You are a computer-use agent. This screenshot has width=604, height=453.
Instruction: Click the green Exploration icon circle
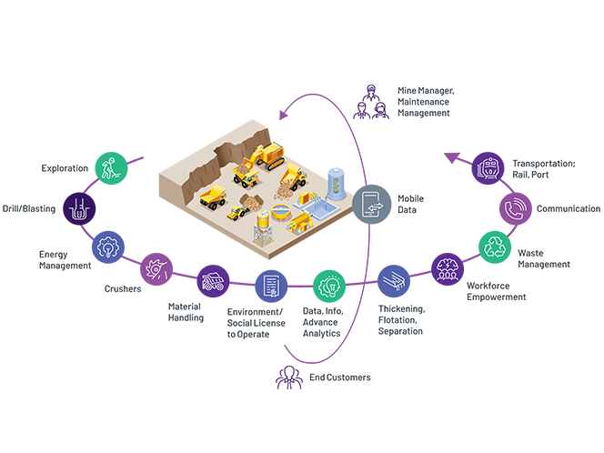110,168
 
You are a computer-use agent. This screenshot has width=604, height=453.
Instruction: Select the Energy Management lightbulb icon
109,247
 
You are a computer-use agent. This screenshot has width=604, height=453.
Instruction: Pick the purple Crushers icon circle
157,269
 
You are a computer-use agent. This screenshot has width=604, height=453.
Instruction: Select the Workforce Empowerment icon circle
448,269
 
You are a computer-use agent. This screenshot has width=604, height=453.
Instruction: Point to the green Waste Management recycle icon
496,247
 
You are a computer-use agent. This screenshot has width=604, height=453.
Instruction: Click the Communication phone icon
518,208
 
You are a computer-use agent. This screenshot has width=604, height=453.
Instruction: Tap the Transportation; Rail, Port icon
489,168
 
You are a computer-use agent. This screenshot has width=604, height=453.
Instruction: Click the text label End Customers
340,377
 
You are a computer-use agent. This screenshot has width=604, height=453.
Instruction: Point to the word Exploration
65,168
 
